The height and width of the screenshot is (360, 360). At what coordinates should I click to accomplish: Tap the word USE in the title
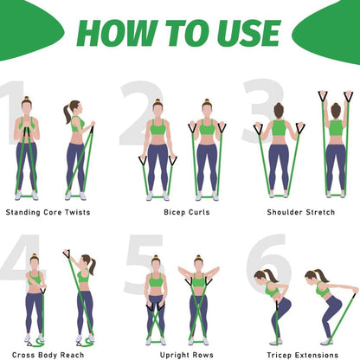pyautogui.click(x=249, y=33)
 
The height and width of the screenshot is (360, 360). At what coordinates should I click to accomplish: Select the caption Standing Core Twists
pyautogui.click(x=48, y=212)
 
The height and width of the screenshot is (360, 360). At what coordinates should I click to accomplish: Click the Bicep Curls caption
pyautogui.click(x=187, y=212)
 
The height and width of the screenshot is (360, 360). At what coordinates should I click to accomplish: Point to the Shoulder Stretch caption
pyautogui.click(x=301, y=212)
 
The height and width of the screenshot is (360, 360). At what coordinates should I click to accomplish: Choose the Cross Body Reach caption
pyautogui.click(x=48, y=355)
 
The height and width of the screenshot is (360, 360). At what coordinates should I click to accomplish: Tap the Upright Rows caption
pyautogui.click(x=187, y=355)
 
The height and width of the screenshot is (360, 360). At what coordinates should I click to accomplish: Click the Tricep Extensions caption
pyautogui.click(x=303, y=355)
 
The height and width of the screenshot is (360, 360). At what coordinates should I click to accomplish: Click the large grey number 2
pyautogui.click(x=141, y=113)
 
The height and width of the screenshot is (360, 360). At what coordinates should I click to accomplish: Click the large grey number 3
pyautogui.click(x=262, y=111)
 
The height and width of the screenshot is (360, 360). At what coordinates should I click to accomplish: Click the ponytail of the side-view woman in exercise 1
pyautogui.click(x=67, y=113)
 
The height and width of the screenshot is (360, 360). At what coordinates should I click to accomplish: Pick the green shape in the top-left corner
pyautogui.click(x=28, y=29)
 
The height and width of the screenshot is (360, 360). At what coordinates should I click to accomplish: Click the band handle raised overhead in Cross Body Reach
pyautogui.click(x=67, y=254)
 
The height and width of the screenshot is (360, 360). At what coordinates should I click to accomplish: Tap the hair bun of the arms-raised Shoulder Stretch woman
pyautogui.click(x=336, y=110)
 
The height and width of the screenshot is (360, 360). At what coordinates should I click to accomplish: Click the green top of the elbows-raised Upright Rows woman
pyautogui.click(x=198, y=280)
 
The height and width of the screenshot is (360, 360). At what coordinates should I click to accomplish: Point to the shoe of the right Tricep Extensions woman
pyautogui.click(x=326, y=342)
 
